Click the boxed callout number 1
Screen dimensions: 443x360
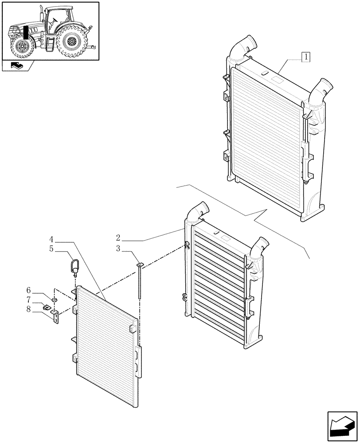pyautogui.click(x=306, y=57)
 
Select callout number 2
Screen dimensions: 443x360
pyautogui.click(x=119, y=238)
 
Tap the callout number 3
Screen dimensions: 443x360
pyautogui.click(x=119, y=249)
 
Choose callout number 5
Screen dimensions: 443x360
pyautogui.click(x=52, y=249)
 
